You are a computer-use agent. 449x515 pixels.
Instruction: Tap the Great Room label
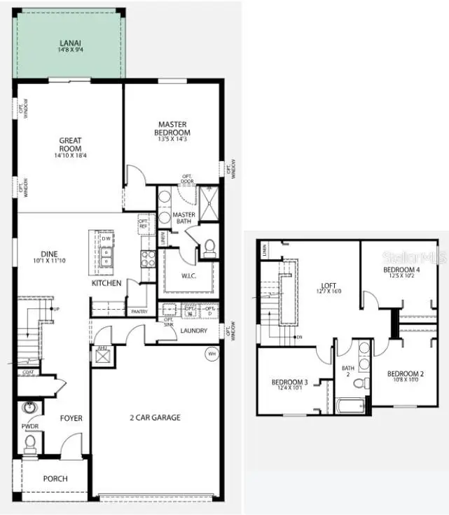[x=70, y=144]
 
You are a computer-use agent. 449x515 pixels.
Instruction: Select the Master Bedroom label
[x=174, y=128]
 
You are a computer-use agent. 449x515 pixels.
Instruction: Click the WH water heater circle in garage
[x=212, y=354]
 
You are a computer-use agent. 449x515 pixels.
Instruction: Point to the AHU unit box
[x=103, y=357]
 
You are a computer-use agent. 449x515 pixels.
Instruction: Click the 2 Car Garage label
[x=154, y=418]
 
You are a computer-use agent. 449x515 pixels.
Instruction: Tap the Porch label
[x=55, y=479]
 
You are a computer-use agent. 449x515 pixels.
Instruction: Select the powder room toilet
[x=29, y=442]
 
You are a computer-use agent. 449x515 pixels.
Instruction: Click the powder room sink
[x=29, y=407]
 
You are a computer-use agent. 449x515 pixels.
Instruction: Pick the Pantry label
[x=139, y=311]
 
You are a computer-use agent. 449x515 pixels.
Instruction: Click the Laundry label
[x=193, y=331]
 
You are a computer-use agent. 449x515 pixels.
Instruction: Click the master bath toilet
[x=209, y=247]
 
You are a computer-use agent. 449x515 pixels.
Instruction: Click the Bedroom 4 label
[x=401, y=270]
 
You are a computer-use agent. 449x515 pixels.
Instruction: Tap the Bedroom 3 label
[x=290, y=382]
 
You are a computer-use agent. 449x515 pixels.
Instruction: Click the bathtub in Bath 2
[x=351, y=406]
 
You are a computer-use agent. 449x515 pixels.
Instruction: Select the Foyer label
[x=71, y=418]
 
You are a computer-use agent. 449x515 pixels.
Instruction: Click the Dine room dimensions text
[x=49, y=261]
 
